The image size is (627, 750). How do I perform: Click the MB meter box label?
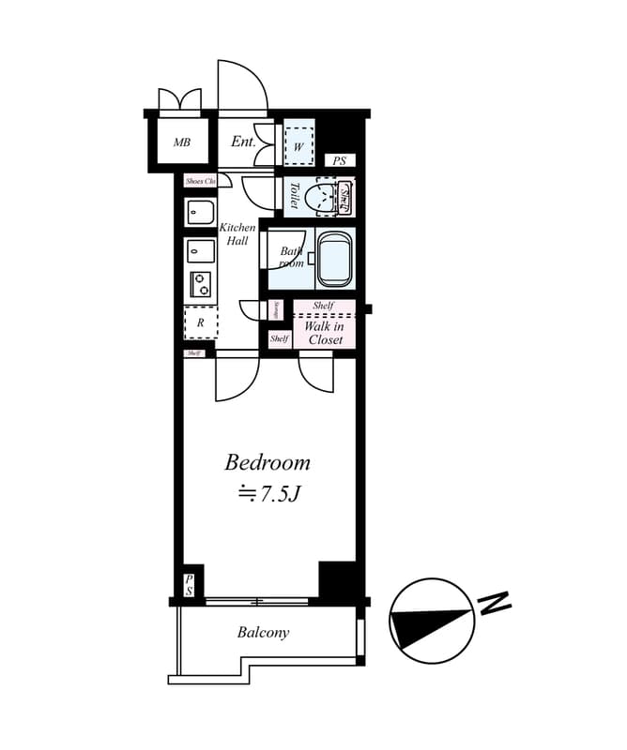(181, 143)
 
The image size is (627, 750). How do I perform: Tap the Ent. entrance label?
(243, 142)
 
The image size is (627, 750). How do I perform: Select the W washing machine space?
(298, 145)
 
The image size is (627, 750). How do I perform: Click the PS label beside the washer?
(339, 161)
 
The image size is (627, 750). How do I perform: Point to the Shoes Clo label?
(200, 181)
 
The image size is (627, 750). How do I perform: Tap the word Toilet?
(294, 195)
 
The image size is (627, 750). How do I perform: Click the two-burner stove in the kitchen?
(201, 284)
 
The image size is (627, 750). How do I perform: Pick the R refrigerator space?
(200, 322)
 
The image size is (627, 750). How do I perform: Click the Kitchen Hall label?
(237, 234)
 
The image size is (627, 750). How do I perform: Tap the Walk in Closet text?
(324, 333)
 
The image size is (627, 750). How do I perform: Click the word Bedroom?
(267, 462)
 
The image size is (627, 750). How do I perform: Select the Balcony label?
(263, 633)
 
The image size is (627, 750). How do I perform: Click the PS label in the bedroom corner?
(189, 585)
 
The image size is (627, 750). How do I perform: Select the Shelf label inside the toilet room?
(344, 197)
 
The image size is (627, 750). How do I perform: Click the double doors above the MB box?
(179, 99)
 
